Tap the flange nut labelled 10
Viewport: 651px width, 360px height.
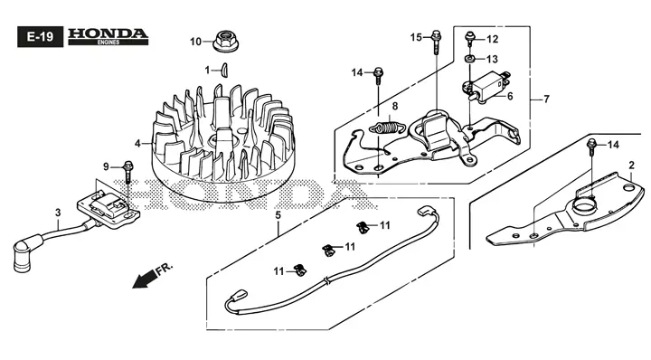222,41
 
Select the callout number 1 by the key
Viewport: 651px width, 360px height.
207,69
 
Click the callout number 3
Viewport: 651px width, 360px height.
57,213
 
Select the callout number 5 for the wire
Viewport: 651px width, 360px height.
278,215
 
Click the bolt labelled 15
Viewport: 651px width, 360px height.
435,38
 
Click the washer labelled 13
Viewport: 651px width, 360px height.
471,60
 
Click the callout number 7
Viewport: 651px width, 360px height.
545,99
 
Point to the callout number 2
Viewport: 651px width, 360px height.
630,164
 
